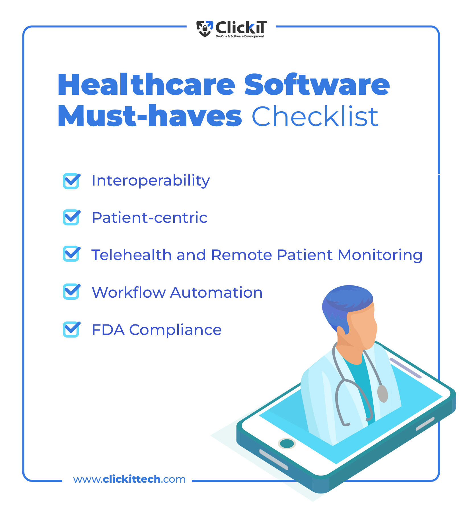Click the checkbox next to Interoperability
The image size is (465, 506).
pyautogui.click(x=71, y=181)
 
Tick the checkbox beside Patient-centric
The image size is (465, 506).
pyautogui.click(x=71, y=217)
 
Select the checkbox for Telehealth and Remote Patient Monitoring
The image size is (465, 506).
pyautogui.click(x=71, y=254)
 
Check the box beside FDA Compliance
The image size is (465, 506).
pyautogui.click(x=71, y=329)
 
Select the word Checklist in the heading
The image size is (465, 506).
pyautogui.click(x=315, y=116)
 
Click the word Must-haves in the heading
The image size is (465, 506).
pyautogui.click(x=150, y=116)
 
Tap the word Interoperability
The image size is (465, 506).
pyautogui.click(x=151, y=181)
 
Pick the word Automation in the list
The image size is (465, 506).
pyautogui.click(x=216, y=293)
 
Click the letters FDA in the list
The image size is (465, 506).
pyautogui.click(x=108, y=330)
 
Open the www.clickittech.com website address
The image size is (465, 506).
pyautogui.click(x=129, y=479)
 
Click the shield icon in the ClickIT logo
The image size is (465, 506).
pyautogui.click(x=205, y=29)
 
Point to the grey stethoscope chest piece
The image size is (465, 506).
pyautogui.click(x=382, y=393)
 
